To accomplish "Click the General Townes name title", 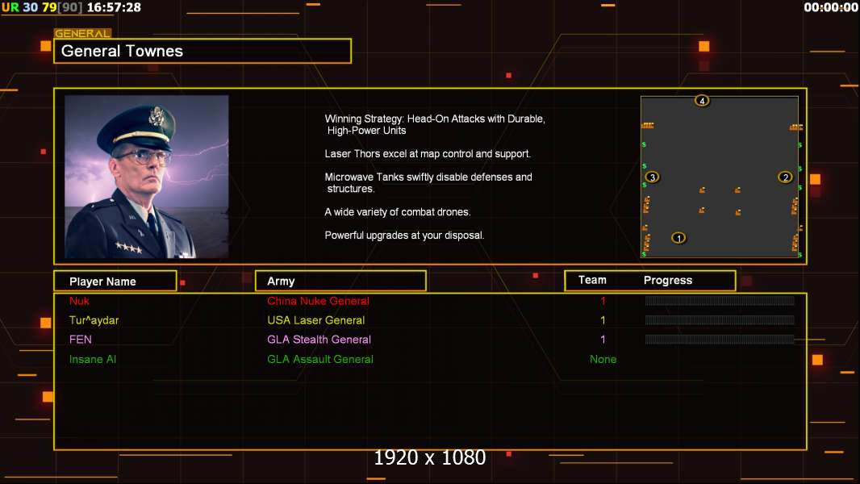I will [x=123, y=51].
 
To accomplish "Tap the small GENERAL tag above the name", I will [x=82, y=34].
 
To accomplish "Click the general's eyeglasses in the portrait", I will [x=143, y=155].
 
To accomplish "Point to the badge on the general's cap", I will [x=157, y=118].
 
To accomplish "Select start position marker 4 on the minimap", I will [x=702, y=101].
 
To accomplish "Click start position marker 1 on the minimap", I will [x=678, y=237].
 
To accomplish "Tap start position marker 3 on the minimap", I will [x=652, y=177].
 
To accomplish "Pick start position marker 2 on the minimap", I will [x=785, y=177].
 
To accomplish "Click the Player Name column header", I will [x=102, y=282].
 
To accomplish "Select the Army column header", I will [x=281, y=282].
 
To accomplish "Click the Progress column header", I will [x=668, y=281].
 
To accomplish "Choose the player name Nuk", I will [x=80, y=301].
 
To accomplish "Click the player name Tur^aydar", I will [x=94, y=320].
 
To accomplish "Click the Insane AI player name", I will [x=93, y=359].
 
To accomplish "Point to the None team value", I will [x=603, y=359].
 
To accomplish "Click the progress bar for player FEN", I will [x=720, y=340].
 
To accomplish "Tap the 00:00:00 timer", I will [x=831, y=7].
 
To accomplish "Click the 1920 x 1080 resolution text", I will [x=429, y=457].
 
